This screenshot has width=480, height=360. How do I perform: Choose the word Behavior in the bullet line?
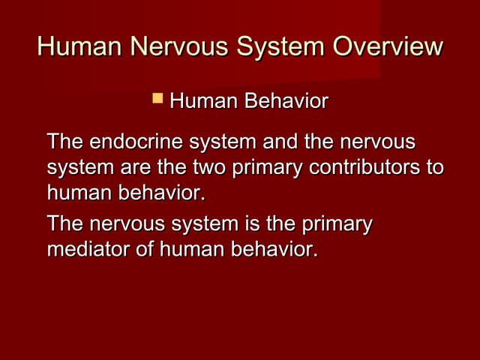tap(287, 100)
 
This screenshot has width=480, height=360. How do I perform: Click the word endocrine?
tap(133, 142)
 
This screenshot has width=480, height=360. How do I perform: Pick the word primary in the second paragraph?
tap(337, 224)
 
